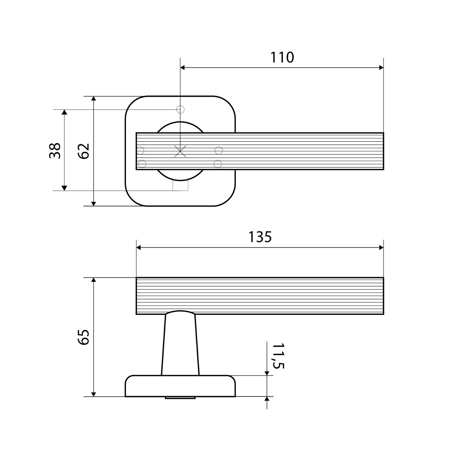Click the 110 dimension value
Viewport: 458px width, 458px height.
coord(282,58)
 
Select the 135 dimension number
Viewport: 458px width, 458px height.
coord(260,237)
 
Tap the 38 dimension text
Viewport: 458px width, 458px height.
coord(55,150)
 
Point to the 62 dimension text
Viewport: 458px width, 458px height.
coord(83,151)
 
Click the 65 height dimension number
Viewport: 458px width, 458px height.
coord(83,337)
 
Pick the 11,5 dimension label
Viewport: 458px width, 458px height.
coord(278,356)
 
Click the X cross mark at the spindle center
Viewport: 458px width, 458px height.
coord(180,151)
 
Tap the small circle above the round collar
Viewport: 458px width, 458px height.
coord(180,109)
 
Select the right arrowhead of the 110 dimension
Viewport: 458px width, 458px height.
coord(381,68)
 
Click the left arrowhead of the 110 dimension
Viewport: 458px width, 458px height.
coord(182,68)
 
